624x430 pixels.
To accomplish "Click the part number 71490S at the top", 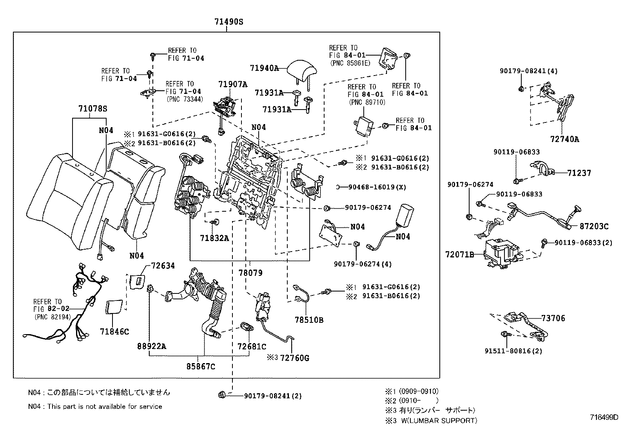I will [229, 22].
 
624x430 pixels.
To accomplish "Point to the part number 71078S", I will [93, 109].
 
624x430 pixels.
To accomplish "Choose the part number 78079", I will [250, 273].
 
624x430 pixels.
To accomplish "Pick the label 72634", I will [163, 266].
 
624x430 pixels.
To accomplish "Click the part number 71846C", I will [114, 332].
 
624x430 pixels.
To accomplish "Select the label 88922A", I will [152, 346].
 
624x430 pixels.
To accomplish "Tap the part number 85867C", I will [201, 367].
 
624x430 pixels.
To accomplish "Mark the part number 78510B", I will [309, 320].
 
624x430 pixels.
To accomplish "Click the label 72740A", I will [564, 139].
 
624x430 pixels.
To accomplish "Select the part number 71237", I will [579, 173].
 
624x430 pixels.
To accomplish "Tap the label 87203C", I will [594, 226].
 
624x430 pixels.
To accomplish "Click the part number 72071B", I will [459, 255].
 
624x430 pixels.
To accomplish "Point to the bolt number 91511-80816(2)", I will [513, 351].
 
